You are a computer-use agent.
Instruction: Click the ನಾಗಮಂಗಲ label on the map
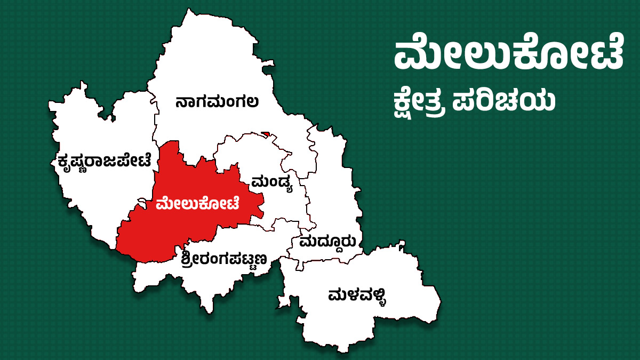click(217, 101)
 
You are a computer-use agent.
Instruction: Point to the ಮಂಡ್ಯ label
click(273, 182)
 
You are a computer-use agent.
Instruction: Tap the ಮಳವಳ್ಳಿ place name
click(357, 295)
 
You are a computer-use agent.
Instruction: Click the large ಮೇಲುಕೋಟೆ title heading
click(508, 55)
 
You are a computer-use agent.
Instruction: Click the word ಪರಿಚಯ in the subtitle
click(504, 101)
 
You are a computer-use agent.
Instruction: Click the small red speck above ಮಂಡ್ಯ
click(266, 133)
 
